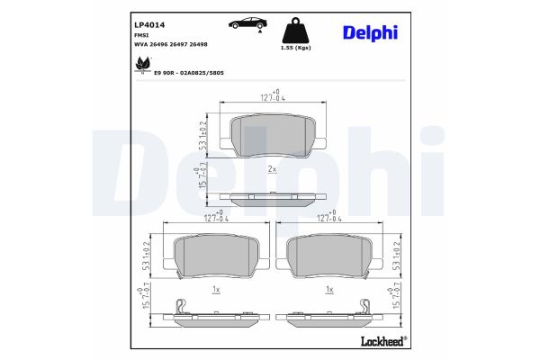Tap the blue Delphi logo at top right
[370, 33]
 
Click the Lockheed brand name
[383, 341]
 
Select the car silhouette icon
[247, 23]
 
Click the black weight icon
[295, 30]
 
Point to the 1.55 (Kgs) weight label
[295, 48]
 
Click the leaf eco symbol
[143, 65]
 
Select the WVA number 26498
[199, 44]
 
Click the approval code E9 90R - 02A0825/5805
[189, 73]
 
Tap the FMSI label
[139, 35]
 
